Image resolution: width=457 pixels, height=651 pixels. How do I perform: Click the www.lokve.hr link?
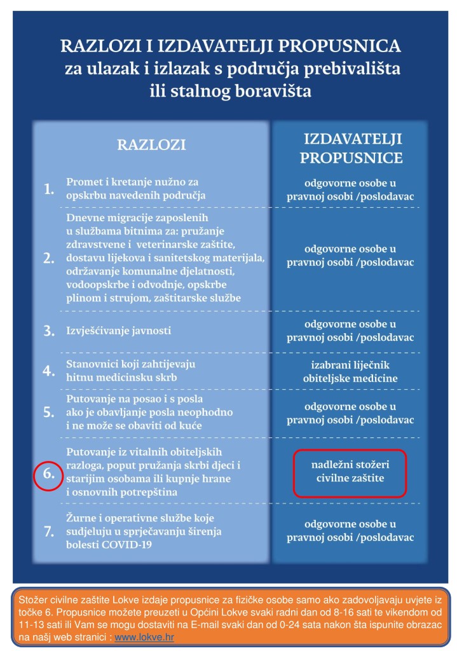pos(144,636)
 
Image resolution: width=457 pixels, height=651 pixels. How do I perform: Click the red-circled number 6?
pos(48,474)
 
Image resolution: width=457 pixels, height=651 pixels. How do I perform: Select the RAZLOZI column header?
pos(151,145)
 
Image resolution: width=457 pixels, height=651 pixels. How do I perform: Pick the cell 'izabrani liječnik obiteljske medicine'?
pos(350,372)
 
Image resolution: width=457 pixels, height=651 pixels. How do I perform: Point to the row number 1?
pos(48,189)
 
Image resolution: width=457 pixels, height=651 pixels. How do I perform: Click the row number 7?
pos(48,533)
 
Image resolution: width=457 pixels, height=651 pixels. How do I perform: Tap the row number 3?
pos(48,331)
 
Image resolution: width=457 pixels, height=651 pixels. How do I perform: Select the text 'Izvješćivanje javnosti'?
pos(119,331)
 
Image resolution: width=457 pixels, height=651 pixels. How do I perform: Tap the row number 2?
pos(48,259)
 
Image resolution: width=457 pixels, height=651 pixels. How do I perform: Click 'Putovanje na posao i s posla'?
pos(135,399)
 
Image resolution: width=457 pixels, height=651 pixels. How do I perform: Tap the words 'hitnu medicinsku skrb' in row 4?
pos(121,378)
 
